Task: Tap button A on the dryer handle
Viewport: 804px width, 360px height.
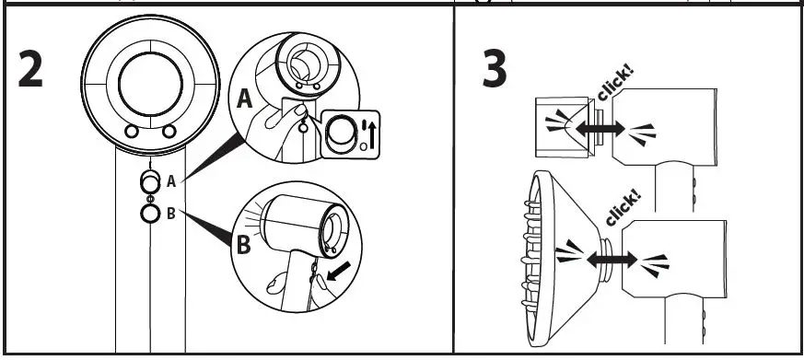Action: point(150,182)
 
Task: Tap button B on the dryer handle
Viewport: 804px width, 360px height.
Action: point(150,215)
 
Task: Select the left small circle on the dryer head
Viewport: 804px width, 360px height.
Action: point(132,133)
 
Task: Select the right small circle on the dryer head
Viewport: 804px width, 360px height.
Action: point(169,133)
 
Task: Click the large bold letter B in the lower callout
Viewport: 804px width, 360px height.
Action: point(243,245)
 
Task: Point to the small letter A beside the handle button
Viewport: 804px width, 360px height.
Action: point(170,182)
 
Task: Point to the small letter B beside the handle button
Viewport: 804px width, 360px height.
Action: point(170,215)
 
